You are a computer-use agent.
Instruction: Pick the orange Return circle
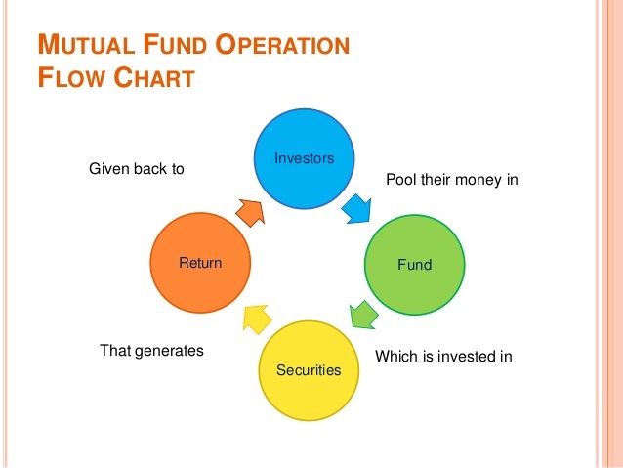tap(200, 262)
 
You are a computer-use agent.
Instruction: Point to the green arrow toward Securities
tap(363, 315)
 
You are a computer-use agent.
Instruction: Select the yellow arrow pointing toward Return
tap(256, 317)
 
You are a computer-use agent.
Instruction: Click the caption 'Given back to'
tap(136, 169)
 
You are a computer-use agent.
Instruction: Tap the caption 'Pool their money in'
tap(451, 180)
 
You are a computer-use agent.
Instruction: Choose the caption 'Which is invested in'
tap(443, 357)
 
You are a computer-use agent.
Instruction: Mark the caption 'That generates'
tap(151, 349)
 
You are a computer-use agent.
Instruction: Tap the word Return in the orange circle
tap(200, 263)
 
